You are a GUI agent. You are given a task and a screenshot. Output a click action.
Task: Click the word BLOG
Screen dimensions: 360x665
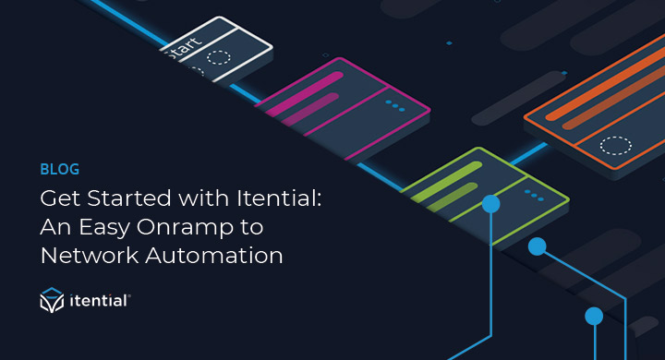pos(59,170)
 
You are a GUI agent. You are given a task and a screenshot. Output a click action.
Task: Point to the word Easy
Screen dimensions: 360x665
pos(103,227)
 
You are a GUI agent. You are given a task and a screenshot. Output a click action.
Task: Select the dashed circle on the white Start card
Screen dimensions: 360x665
pos(219,57)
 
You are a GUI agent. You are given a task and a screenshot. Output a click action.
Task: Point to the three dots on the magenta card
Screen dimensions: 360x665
pos(395,105)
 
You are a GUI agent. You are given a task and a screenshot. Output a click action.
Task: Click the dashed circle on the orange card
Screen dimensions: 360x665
pos(616,145)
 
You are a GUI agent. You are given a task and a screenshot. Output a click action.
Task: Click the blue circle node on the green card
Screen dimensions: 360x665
pos(490,203)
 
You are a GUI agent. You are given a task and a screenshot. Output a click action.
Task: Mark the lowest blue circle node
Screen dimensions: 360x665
pos(594,316)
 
